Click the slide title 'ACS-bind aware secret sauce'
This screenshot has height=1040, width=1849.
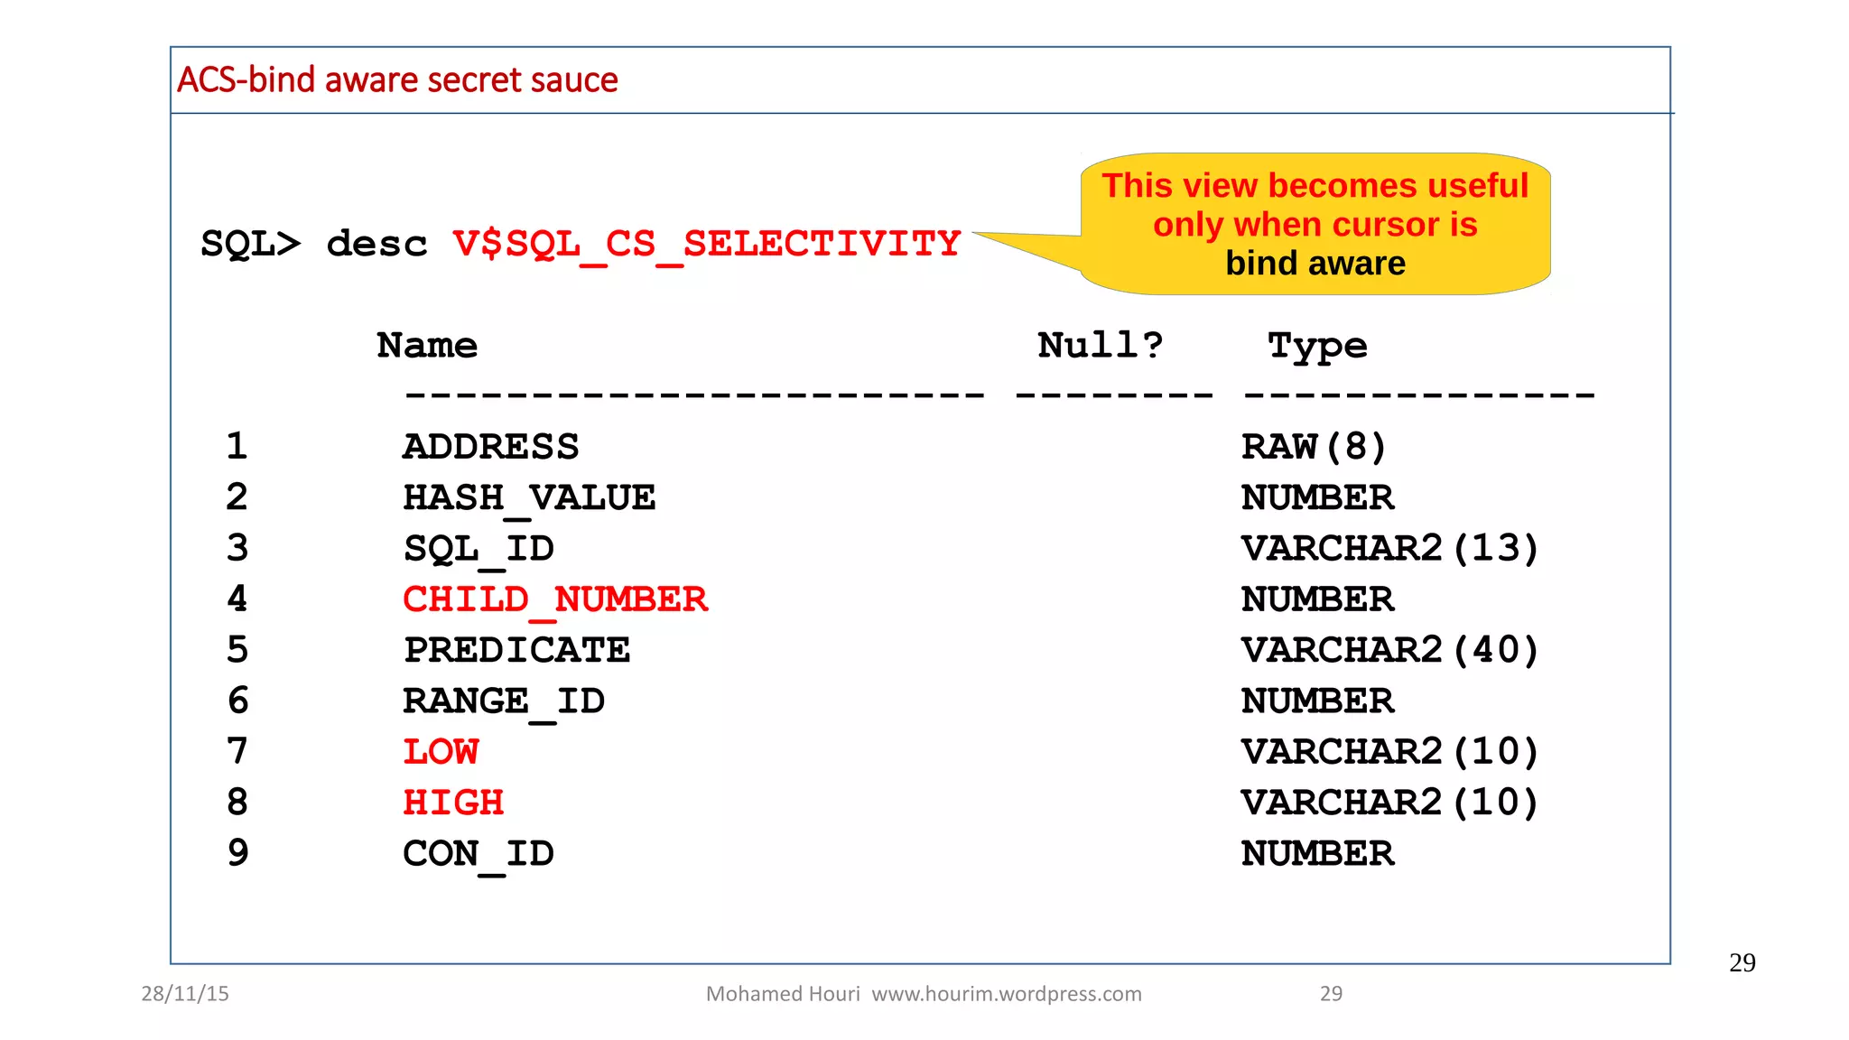[397, 80]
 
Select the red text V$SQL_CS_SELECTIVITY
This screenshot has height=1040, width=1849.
[706, 245]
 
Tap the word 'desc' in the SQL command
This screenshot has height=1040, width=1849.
[376, 245]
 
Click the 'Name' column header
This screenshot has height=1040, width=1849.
[427, 346]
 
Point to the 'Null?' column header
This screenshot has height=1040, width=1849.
[1100, 346]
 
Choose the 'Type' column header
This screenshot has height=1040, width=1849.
[1317, 347]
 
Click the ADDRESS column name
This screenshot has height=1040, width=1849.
[490, 447]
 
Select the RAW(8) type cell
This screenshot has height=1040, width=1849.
[1313, 447]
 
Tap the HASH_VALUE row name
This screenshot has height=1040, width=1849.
[529, 498]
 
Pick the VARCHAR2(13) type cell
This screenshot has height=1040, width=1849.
[1389, 549]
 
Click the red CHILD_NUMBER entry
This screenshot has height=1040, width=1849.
[555, 599]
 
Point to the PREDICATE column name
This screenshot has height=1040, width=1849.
[516, 650]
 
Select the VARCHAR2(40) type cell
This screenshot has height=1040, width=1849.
[1389, 650]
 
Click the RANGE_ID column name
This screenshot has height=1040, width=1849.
[504, 701]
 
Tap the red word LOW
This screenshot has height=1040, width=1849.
[441, 752]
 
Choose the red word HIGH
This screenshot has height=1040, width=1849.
[453, 803]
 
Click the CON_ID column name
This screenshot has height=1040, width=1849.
[479, 854]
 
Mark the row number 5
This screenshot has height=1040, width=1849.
[237, 650]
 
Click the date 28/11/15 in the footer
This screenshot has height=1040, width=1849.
[185, 994]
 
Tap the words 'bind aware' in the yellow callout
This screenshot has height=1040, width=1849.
[1315, 264]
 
